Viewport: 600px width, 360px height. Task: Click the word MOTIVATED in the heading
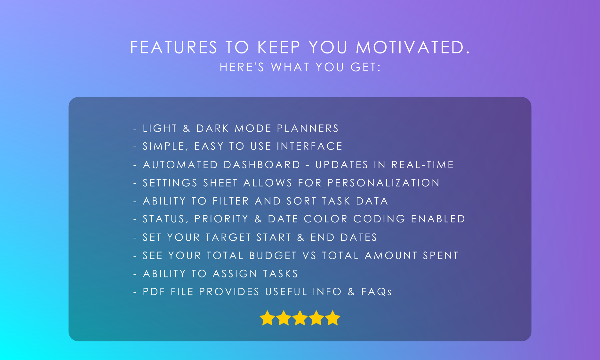pos(413,47)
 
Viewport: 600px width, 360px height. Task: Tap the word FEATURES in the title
pos(174,47)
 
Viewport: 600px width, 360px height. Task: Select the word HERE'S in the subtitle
pos(242,67)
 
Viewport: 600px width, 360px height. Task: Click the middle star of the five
pos(300,318)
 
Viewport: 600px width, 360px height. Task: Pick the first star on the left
pos(267,318)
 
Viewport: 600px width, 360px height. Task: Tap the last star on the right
pos(333,318)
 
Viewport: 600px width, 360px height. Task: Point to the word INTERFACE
pos(309,146)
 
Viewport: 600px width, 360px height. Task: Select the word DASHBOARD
pos(262,165)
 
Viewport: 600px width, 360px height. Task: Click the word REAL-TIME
pos(422,165)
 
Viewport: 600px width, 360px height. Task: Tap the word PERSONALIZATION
pos(383,183)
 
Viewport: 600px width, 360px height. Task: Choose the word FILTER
pos(230,201)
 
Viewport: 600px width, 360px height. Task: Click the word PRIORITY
pos(221,219)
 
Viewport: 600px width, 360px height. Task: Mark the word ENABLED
pos(438,219)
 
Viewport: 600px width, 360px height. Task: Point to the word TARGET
pos(228,237)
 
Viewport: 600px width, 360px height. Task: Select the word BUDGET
pos(273,255)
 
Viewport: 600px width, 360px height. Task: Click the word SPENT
pos(441,255)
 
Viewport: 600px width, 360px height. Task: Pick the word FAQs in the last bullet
pos(376,292)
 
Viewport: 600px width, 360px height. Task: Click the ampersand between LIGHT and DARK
pos(187,128)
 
